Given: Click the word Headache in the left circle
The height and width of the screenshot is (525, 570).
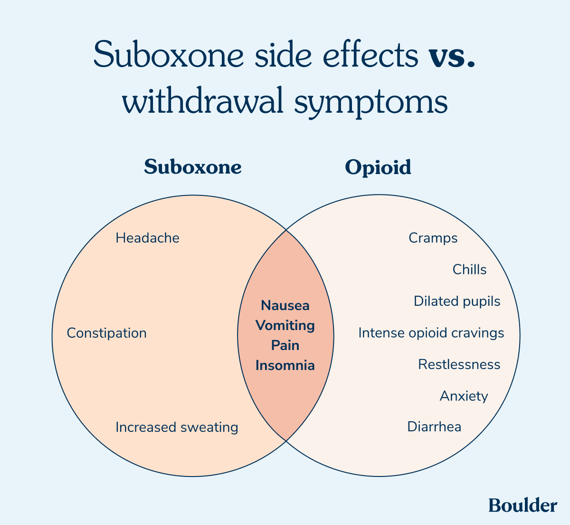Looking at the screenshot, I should [x=147, y=238].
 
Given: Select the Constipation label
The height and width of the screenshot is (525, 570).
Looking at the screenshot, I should [x=106, y=333].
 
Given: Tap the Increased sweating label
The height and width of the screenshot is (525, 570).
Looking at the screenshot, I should [x=177, y=427].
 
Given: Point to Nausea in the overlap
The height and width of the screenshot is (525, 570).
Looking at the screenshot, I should [x=285, y=305].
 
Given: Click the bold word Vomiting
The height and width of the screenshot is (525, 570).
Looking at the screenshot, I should [x=285, y=326].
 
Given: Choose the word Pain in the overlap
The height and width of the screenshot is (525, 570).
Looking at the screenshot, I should [x=285, y=345].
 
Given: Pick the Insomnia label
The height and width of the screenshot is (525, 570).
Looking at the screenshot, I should [x=285, y=365].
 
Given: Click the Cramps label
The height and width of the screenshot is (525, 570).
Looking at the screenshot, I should [x=433, y=238].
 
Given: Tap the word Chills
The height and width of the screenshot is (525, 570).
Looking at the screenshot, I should [x=469, y=270].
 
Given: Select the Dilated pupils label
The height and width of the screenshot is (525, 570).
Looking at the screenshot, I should [x=457, y=301].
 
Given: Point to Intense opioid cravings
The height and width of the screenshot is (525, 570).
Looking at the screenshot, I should [x=431, y=333].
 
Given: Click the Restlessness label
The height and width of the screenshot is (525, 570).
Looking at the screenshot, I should [x=459, y=364].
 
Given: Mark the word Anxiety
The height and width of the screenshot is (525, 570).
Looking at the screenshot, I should [x=464, y=396].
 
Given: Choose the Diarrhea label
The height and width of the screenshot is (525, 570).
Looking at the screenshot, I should [x=434, y=427].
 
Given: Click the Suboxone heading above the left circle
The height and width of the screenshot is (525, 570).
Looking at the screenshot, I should [x=193, y=167].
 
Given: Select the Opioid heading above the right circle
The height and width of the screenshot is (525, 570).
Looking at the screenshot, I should [x=378, y=167].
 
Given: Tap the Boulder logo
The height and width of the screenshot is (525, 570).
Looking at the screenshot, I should [x=522, y=506].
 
